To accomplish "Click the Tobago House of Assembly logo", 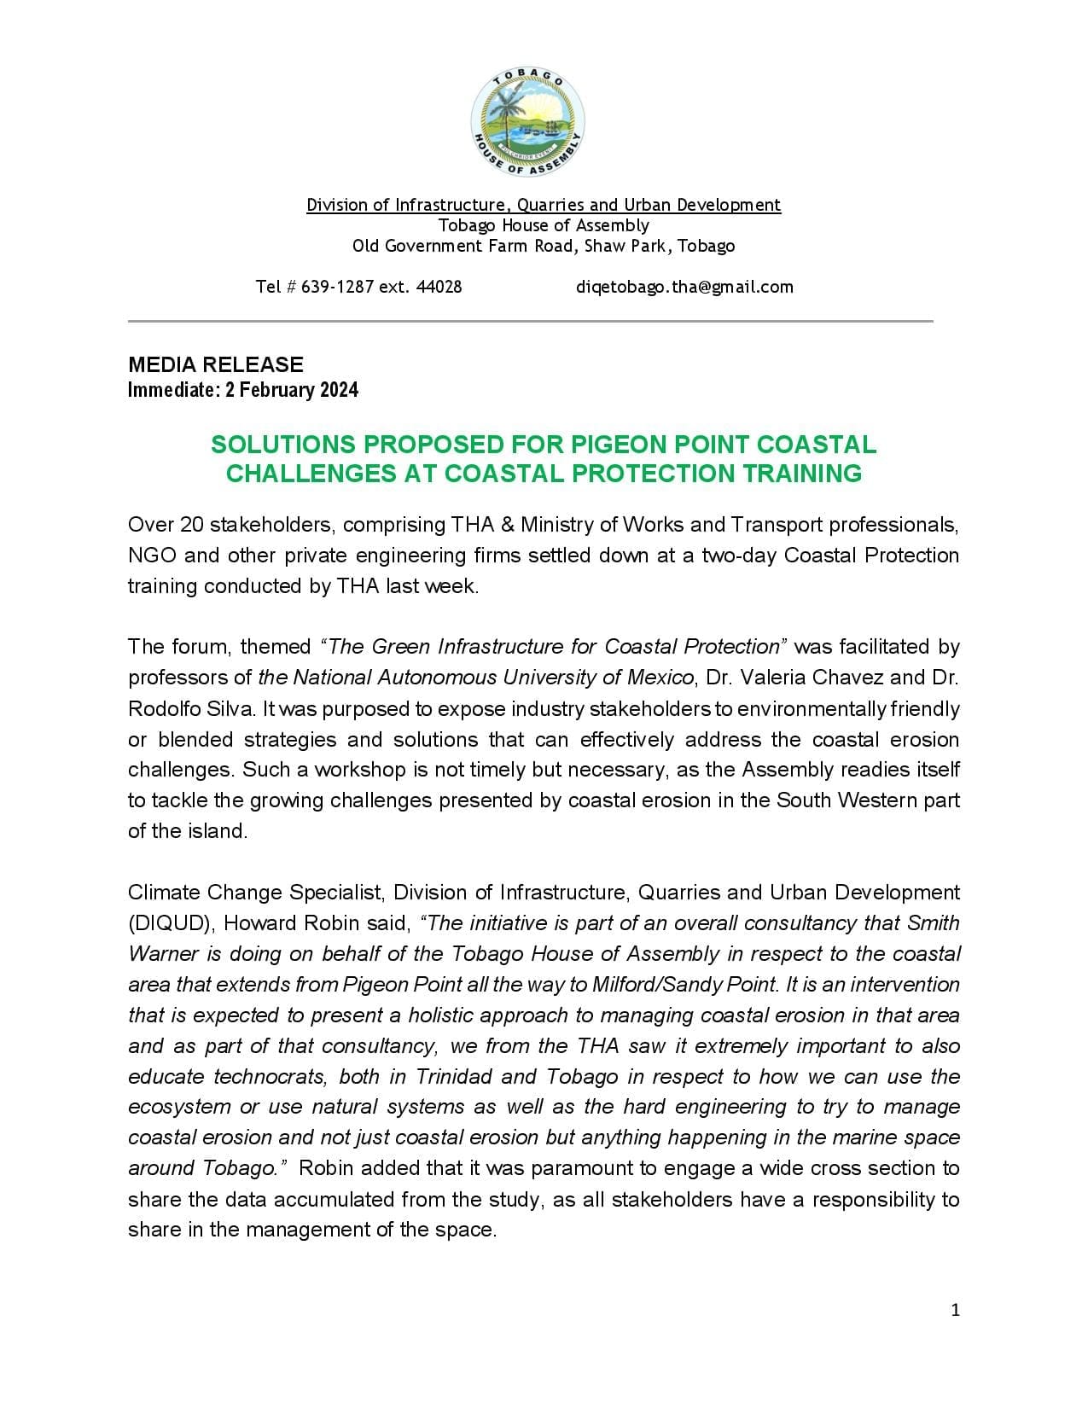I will point(527,121).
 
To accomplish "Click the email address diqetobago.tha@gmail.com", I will point(684,287).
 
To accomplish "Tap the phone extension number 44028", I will point(439,287).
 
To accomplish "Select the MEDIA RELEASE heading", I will point(216,364).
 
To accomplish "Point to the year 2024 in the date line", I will point(340,390).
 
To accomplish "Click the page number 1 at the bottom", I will point(956,1310).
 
